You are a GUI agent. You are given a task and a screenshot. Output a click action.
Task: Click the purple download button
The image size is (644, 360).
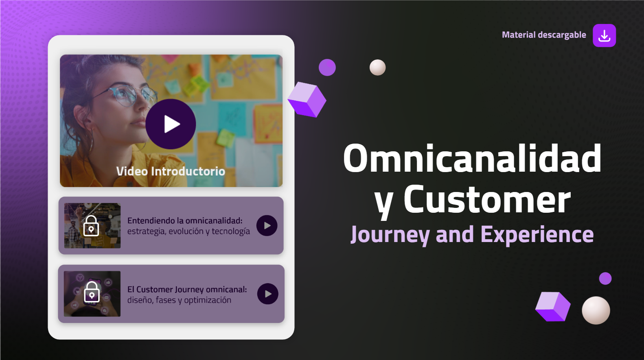click(605, 35)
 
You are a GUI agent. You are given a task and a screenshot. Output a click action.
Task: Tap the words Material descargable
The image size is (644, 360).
click(544, 35)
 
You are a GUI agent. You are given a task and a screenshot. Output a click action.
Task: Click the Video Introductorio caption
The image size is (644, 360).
click(171, 171)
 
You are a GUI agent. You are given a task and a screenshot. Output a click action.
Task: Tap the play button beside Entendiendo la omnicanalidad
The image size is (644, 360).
click(267, 225)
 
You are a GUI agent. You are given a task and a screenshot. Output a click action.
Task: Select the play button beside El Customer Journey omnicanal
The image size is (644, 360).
click(268, 294)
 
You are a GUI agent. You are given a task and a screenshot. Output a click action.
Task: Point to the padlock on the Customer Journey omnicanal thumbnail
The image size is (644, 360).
click(92, 292)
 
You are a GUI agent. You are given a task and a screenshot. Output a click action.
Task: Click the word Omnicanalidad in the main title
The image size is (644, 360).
click(472, 159)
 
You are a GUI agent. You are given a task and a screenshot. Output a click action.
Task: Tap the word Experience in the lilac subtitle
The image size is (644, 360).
click(537, 235)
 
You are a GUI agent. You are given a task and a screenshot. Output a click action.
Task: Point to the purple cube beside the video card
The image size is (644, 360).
click(307, 99)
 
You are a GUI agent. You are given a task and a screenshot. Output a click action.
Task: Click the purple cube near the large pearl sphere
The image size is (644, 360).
click(553, 307)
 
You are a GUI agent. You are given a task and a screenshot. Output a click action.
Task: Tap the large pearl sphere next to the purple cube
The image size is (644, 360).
click(596, 310)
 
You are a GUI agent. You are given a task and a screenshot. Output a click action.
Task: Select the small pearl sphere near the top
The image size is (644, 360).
click(377, 68)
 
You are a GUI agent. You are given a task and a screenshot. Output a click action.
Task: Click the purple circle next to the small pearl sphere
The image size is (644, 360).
click(327, 68)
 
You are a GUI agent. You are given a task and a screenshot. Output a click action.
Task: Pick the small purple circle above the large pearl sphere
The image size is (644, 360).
click(605, 278)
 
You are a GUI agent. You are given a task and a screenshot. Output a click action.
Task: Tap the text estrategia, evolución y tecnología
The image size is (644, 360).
click(188, 231)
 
